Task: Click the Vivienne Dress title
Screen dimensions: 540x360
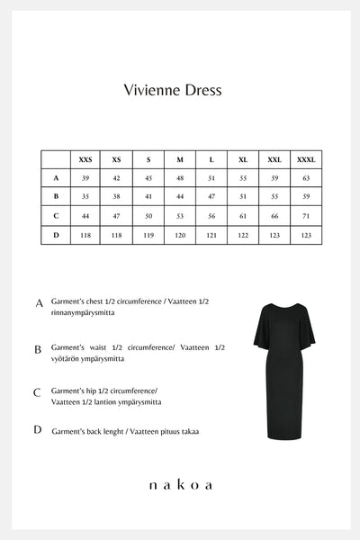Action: (171, 91)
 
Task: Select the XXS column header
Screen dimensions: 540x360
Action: (85, 159)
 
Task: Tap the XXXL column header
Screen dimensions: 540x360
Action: (305, 159)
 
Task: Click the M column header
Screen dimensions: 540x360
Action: (180, 159)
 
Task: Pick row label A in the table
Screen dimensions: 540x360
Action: (56, 178)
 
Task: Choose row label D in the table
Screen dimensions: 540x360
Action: (56, 234)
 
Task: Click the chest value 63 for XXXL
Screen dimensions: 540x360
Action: (305, 178)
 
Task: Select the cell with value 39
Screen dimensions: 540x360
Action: (85, 178)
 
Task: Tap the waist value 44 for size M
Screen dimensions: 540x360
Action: (180, 196)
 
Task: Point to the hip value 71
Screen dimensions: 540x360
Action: (305, 216)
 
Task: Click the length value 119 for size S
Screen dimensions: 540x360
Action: (148, 234)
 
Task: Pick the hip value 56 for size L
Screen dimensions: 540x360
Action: (211, 216)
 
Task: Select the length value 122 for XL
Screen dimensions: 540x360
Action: (243, 234)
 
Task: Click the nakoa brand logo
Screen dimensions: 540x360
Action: (180, 485)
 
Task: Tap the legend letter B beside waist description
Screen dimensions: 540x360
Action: (38, 349)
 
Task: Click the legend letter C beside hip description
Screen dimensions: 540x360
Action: (38, 392)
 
